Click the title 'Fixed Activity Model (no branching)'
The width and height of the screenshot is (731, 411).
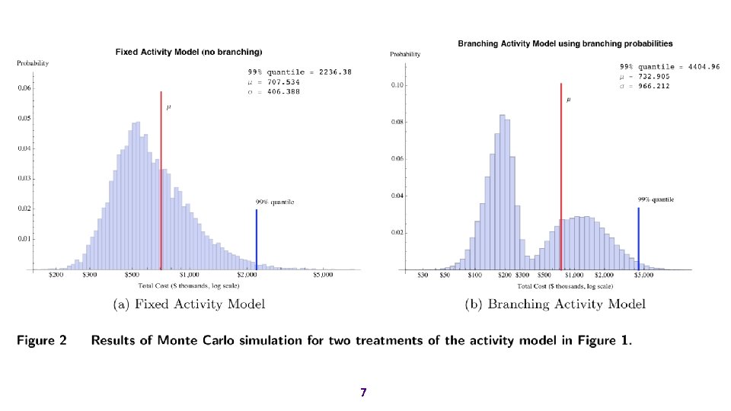tap(189, 52)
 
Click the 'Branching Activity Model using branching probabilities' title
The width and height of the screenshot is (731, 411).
tap(565, 43)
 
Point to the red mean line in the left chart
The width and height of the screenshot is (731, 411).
tap(161, 183)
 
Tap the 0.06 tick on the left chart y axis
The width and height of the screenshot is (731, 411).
tap(26, 88)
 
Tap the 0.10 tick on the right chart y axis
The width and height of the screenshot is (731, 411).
tap(397, 85)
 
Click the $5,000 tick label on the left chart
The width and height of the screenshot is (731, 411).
tap(323, 276)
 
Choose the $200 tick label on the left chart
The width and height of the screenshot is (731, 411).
tap(56, 276)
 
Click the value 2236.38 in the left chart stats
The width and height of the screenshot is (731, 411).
tap(336, 72)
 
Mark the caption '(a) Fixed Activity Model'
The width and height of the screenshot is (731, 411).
tap(189, 304)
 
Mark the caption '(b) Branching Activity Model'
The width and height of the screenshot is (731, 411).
tap(555, 304)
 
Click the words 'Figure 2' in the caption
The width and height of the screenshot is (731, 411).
tap(42, 340)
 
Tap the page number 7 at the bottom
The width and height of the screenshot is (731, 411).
tap(363, 393)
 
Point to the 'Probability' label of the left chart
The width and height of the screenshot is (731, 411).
tap(33, 63)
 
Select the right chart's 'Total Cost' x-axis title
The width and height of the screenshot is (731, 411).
tap(565, 286)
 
